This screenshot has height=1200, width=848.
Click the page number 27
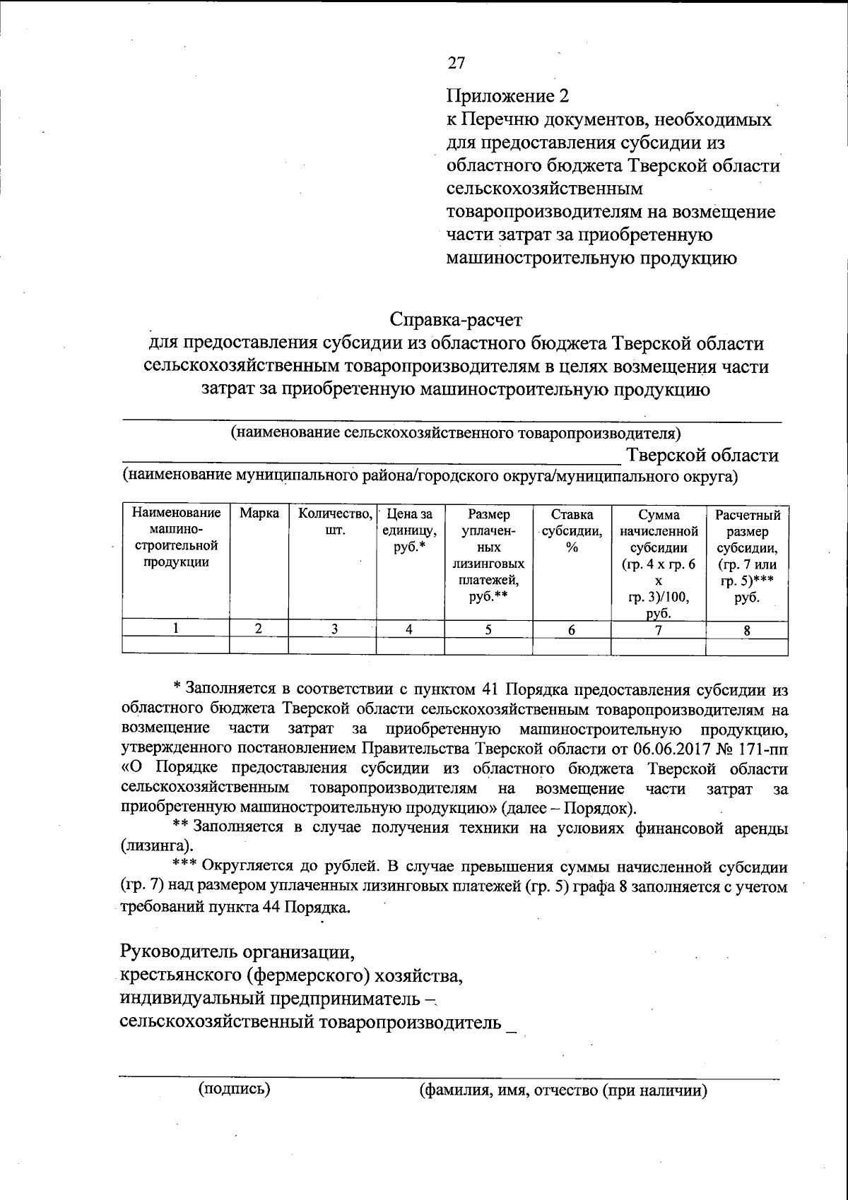click(457, 63)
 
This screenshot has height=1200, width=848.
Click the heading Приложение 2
click(507, 95)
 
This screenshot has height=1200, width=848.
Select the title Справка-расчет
click(456, 320)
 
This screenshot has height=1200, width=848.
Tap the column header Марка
click(259, 513)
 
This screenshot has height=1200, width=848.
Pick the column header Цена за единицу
click(410, 530)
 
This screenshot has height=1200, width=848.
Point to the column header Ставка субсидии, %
click(572, 530)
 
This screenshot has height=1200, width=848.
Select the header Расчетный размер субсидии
click(748, 555)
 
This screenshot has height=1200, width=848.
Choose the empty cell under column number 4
click(410, 645)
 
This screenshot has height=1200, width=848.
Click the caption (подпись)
click(235, 1088)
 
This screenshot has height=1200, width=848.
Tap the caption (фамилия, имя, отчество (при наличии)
click(563, 1091)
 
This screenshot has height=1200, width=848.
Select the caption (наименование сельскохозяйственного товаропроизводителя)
click(457, 432)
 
